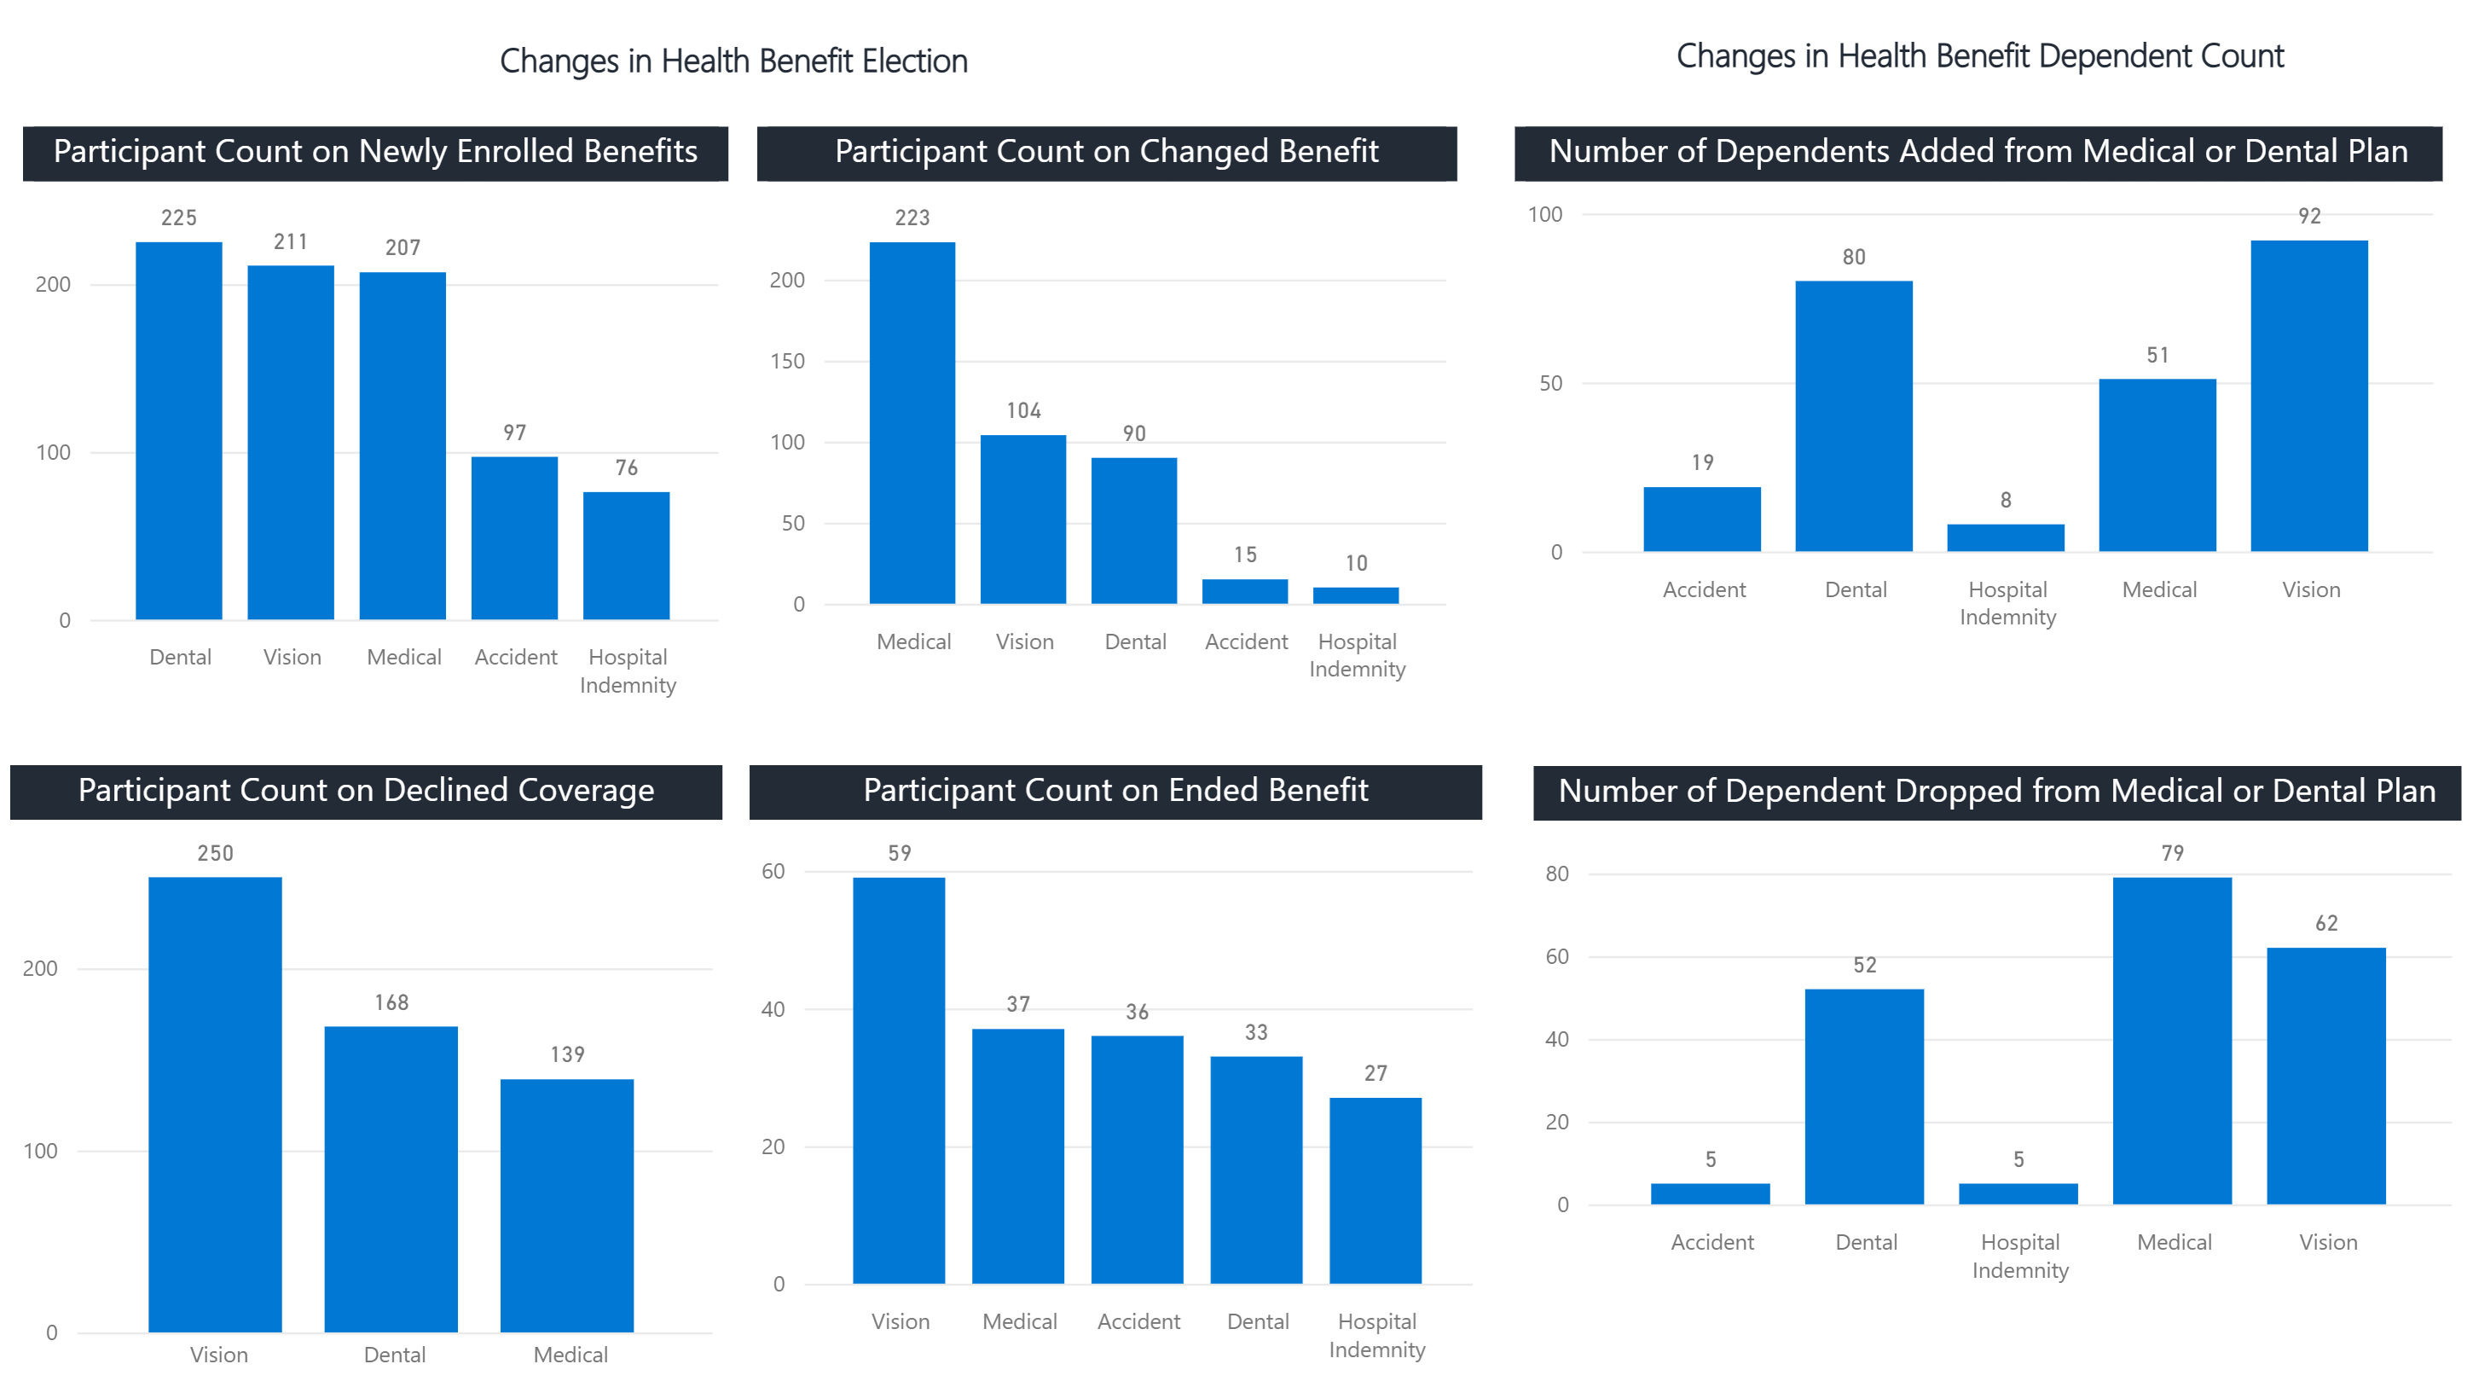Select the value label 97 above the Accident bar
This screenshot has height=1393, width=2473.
[514, 433]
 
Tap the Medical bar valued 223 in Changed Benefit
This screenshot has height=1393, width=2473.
[912, 422]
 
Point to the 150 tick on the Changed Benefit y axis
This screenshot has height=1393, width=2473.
[786, 362]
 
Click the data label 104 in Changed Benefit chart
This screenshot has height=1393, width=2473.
[1023, 411]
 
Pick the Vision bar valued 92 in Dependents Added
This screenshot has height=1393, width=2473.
[2308, 396]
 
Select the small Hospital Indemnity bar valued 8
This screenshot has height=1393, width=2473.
[2006, 537]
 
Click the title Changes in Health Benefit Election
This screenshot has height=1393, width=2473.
[733, 61]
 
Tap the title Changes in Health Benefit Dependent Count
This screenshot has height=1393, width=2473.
[1979, 55]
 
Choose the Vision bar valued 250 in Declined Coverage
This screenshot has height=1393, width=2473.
[215, 1104]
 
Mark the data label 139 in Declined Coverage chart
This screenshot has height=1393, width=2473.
[567, 1054]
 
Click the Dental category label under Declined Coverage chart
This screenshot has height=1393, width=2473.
[394, 1355]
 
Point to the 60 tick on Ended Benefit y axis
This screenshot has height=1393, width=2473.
[773, 872]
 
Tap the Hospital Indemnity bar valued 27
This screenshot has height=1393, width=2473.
[1375, 1191]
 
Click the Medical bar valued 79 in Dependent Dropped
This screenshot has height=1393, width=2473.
[2172, 1041]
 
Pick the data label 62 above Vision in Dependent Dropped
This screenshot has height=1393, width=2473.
[2326, 924]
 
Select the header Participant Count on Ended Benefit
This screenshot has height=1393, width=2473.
[1115, 791]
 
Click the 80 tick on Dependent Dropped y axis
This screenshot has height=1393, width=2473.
[1556, 874]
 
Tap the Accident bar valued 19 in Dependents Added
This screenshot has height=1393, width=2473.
[1702, 519]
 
